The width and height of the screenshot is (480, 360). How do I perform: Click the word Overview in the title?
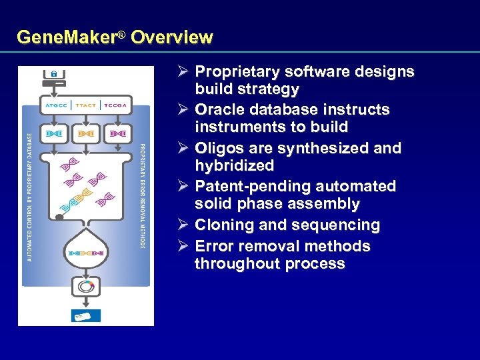tap(172, 37)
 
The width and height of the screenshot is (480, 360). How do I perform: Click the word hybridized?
tap(234, 165)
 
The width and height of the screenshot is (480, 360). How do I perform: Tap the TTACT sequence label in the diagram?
tap(86, 105)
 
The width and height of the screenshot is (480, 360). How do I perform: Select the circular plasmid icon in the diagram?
tap(86, 287)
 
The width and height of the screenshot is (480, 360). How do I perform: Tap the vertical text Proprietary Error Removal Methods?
tap(142, 196)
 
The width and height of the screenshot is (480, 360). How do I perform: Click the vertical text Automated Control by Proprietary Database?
tap(29, 197)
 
